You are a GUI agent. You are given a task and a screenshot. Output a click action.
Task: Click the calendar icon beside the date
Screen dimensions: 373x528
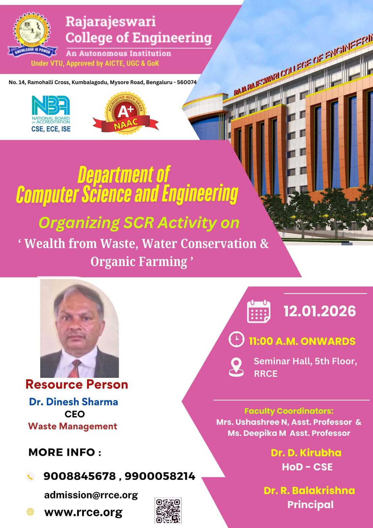point(259,312)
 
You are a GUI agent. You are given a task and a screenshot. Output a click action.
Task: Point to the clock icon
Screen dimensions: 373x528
point(236,339)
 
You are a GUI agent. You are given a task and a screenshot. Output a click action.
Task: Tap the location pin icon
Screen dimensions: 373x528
point(236,367)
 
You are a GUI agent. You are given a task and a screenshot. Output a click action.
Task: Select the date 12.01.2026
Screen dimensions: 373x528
point(320,311)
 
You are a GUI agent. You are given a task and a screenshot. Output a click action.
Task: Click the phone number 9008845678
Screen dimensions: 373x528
point(79,476)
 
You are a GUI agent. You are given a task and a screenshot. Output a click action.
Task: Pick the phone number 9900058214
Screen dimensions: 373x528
point(160,476)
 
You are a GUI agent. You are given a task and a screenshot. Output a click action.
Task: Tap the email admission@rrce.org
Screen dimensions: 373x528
point(91,495)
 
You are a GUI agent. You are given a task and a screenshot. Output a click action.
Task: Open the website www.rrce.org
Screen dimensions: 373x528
point(83,512)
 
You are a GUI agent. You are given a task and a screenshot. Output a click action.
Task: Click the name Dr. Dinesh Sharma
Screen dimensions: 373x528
point(74,402)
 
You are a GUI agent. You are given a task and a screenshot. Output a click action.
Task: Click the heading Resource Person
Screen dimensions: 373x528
point(77,384)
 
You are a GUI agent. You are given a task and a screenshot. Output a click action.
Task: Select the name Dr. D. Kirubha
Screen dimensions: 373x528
point(306,453)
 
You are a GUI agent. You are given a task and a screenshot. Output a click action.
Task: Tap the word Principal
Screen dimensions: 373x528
point(310,505)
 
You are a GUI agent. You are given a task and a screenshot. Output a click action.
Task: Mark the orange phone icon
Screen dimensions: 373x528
point(30,477)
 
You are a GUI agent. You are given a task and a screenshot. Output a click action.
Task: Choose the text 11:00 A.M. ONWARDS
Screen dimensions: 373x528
point(302,341)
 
